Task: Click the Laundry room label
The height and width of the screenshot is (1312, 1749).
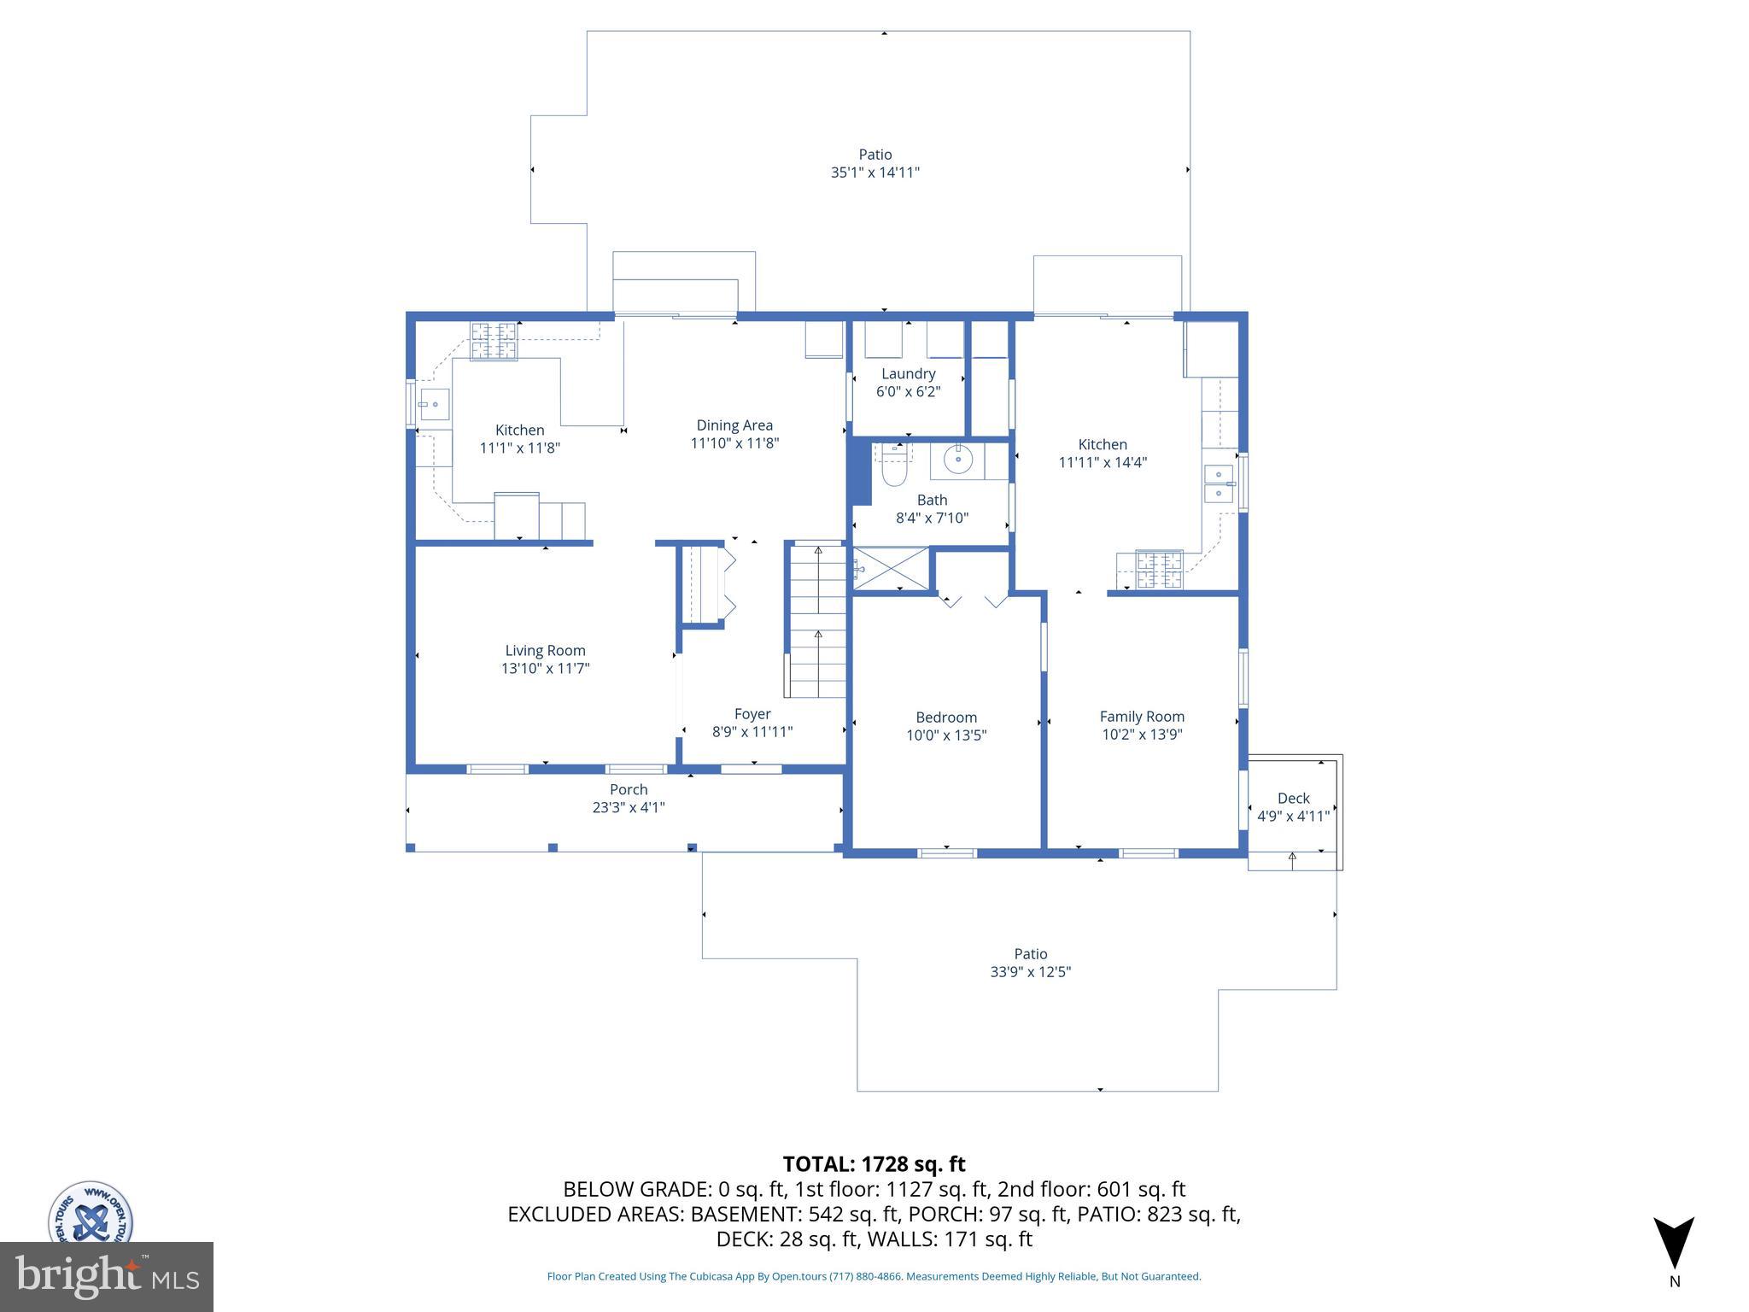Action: pyautogui.click(x=908, y=374)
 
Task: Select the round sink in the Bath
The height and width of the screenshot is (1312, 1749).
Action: pyautogui.click(x=958, y=460)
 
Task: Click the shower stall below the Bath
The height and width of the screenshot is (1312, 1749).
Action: pyautogui.click(x=892, y=568)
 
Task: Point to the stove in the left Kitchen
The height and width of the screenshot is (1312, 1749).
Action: pyautogui.click(x=494, y=341)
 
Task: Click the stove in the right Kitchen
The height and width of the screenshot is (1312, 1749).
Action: pyautogui.click(x=1160, y=571)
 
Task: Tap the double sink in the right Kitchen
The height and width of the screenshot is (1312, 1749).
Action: pyautogui.click(x=1219, y=484)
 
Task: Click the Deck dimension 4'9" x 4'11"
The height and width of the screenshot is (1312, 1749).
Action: pyautogui.click(x=1293, y=817)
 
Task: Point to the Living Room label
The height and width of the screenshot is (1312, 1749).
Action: pyautogui.click(x=545, y=651)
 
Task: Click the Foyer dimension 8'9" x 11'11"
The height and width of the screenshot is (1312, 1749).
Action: pyautogui.click(x=752, y=732)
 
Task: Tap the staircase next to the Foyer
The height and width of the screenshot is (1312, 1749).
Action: pyautogui.click(x=817, y=621)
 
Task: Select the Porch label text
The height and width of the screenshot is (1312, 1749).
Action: pyautogui.click(x=629, y=790)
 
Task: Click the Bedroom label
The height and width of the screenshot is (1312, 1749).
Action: pyautogui.click(x=946, y=717)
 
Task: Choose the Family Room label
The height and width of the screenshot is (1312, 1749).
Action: pyautogui.click(x=1142, y=717)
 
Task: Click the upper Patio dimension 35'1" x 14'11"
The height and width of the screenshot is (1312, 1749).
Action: pyautogui.click(x=874, y=173)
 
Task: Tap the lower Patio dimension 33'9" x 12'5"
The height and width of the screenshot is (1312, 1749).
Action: pyautogui.click(x=1030, y=972)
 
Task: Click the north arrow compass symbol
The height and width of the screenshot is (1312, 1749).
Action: pyautogui.click(x=1674, y=1244)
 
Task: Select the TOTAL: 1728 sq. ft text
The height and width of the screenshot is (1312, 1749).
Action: pyautogui.click(x=874, y=1164)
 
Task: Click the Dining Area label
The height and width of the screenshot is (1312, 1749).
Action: pyautogui.click(x=734, y=425)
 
